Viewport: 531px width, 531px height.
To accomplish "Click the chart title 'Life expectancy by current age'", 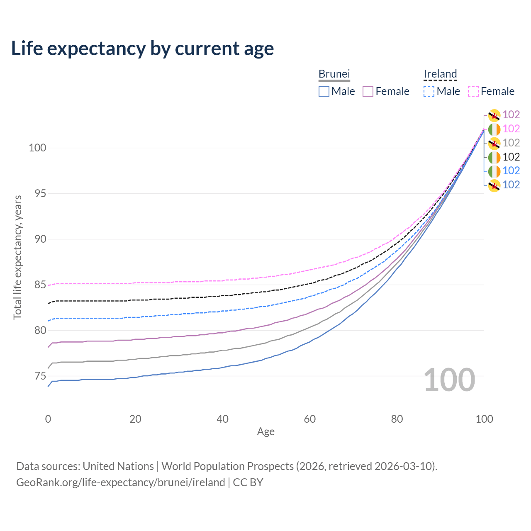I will point(142,49).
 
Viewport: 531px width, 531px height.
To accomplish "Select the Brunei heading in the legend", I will point(334,74).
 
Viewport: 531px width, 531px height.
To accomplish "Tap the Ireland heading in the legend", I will point(440,74).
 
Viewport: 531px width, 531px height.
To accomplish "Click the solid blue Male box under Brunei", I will point(324,91).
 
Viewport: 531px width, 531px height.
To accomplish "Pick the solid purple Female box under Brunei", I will point(368,91).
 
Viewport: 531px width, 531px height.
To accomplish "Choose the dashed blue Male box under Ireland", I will point(429,91).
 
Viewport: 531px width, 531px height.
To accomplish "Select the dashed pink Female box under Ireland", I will point(473,91).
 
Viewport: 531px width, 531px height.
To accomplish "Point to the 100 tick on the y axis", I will point(37,148).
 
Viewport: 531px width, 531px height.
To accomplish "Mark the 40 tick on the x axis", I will point(222,419).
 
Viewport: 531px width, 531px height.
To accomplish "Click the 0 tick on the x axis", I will point(48,419).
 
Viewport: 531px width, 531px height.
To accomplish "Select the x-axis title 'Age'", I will point(265,432).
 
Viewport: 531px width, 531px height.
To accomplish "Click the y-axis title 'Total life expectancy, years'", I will point(17,258).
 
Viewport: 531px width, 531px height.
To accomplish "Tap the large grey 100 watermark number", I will point(449,380).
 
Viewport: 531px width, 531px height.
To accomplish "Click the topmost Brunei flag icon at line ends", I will point(494,115).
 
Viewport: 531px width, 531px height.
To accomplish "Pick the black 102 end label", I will point(511,157).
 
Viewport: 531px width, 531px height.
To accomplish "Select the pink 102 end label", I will point(511,129).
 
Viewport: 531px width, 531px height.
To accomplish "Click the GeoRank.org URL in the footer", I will point(121,482).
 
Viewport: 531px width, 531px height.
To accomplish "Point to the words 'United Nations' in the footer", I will point(118,466).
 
